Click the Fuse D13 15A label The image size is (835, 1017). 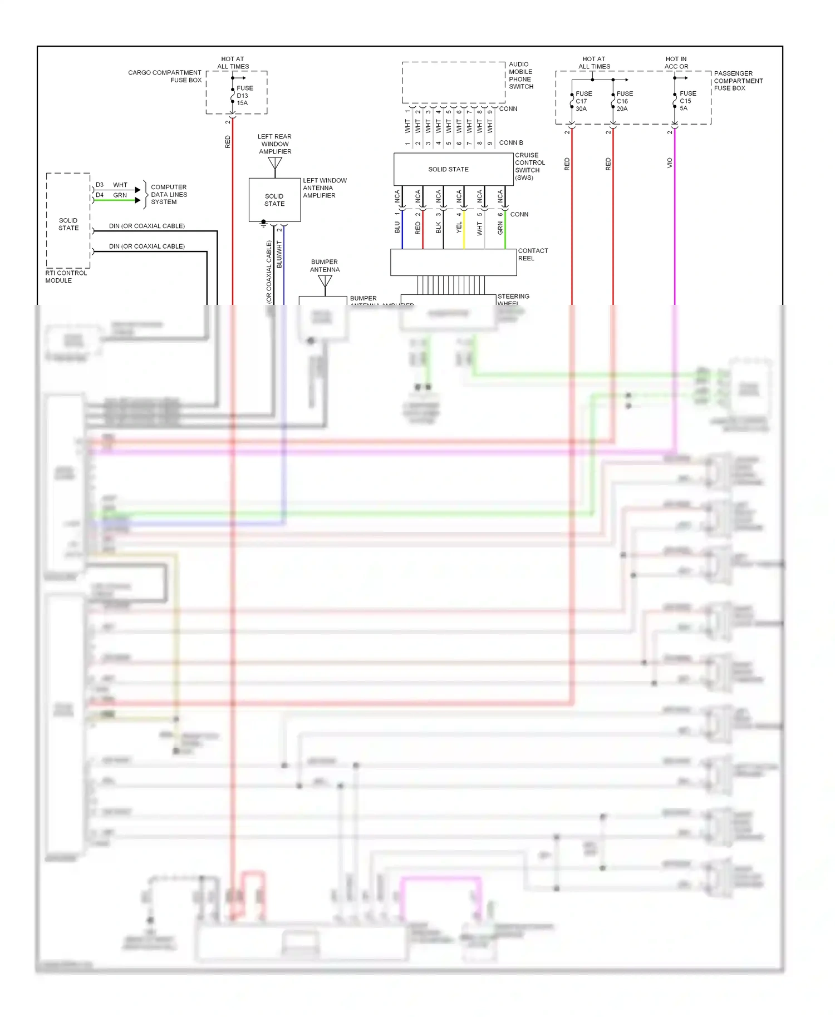coord(244,96)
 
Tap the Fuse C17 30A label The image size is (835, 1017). coord(583,101)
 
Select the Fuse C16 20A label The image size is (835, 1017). coord(624,101)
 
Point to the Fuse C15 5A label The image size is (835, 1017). coord(687,101)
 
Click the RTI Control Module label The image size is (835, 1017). coord(66,277)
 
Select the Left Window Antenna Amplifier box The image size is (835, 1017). coord(274,200)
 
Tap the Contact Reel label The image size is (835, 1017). coord(533,254)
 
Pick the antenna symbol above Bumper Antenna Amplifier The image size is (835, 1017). coord(325,282)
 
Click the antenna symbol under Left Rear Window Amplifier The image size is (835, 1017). coord(275,164)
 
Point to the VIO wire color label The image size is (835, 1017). coord(670,163)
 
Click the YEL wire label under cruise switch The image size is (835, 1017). coord(459,227)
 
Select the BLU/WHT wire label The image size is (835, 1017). coord(279,255)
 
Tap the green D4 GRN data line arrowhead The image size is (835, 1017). coord(137,200)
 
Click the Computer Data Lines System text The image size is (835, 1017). coord(169,195)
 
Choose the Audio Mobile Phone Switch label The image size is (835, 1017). coord(520,76)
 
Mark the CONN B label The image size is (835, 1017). coord(510,143)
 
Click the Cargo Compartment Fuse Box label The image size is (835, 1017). coord(165,76)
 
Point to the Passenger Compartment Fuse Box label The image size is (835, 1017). coord(738,81)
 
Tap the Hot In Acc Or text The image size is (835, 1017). coord(676,62)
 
